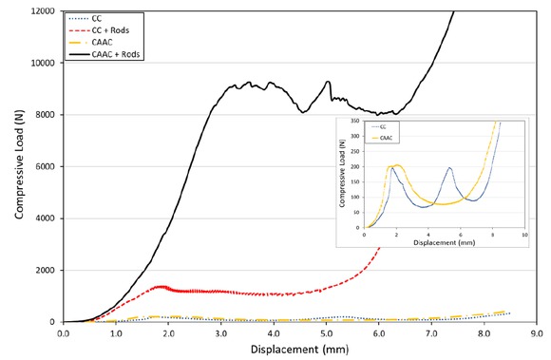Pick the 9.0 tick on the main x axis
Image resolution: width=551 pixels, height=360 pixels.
point(536,333)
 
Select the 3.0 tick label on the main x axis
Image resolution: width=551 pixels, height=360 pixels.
point(220,333)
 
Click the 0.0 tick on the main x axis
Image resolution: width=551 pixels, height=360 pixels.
point(63,333)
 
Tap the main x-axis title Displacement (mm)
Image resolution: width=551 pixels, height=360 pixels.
point(299,349)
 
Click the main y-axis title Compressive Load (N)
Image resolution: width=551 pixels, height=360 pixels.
point(18,166)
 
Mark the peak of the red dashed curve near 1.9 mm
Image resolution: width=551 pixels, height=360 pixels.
point(161,286)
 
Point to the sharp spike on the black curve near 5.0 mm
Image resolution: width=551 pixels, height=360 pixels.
point(328,82)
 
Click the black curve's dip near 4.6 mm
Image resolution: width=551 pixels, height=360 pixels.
point(303,112)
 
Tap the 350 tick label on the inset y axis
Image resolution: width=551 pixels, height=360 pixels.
point(354,123)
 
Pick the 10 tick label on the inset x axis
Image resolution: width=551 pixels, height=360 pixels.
point(522,234)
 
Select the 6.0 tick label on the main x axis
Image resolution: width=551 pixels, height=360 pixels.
point(378,333)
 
